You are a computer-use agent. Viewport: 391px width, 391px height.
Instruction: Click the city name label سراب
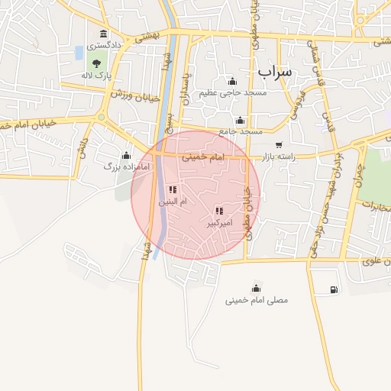point(274,72)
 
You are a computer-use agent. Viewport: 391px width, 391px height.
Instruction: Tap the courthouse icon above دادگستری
point(103,34)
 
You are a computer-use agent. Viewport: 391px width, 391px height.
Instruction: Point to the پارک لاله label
point(97,76)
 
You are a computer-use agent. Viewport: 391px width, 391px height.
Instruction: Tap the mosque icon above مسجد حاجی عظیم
point(232,82)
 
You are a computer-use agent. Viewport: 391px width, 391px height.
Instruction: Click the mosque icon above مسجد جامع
point(241,120)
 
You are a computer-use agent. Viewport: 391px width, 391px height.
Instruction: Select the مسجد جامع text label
point(241,131)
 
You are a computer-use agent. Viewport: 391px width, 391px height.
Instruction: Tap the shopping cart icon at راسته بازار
point(279,144)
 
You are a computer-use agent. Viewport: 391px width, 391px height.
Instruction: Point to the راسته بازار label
point(276,157)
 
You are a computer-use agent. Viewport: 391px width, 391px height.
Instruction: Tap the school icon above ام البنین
point(172,189)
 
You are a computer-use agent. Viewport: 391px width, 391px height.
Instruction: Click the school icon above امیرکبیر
point(219,211)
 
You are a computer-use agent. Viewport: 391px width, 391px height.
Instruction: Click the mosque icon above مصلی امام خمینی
point(256,288)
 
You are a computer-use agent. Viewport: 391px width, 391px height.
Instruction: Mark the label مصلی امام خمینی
point(257,300)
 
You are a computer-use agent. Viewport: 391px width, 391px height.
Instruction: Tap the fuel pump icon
point(334,289)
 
